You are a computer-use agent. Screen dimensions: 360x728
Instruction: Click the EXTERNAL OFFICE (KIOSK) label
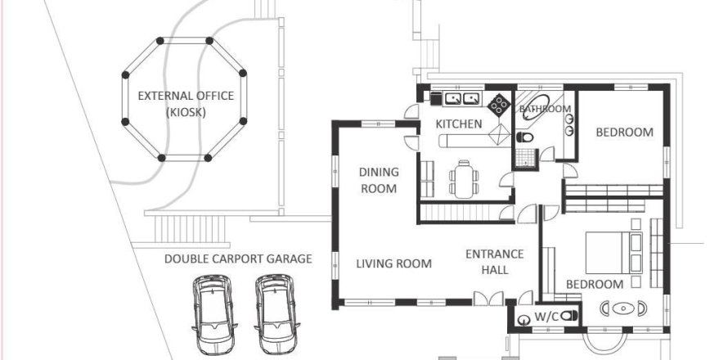pyautogui.click(x=186, y=104)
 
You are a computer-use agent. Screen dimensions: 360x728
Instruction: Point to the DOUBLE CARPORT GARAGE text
pyautogui.click(x=238, y=259)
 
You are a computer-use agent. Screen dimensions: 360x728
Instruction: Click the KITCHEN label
pyautogui.click(x=458, y=124)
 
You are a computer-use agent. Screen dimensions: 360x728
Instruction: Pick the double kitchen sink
pyautogui.click(x=461, y=99)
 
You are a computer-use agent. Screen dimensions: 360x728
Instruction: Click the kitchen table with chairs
pyautogui.click(x=464, y=178)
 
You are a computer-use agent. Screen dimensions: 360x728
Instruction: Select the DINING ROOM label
pyautogui.click(x=379, y=180)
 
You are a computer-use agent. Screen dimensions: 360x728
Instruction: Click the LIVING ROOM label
pyautogui.click(x=393, y=263)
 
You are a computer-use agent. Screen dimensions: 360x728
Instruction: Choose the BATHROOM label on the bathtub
pyautogui.click(x=546, y=109)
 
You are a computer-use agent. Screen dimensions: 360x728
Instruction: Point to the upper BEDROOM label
pyautogui.click(x=623, y=132)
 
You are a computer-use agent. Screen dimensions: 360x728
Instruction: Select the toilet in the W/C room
pyautogui.click(x=570, y=314)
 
